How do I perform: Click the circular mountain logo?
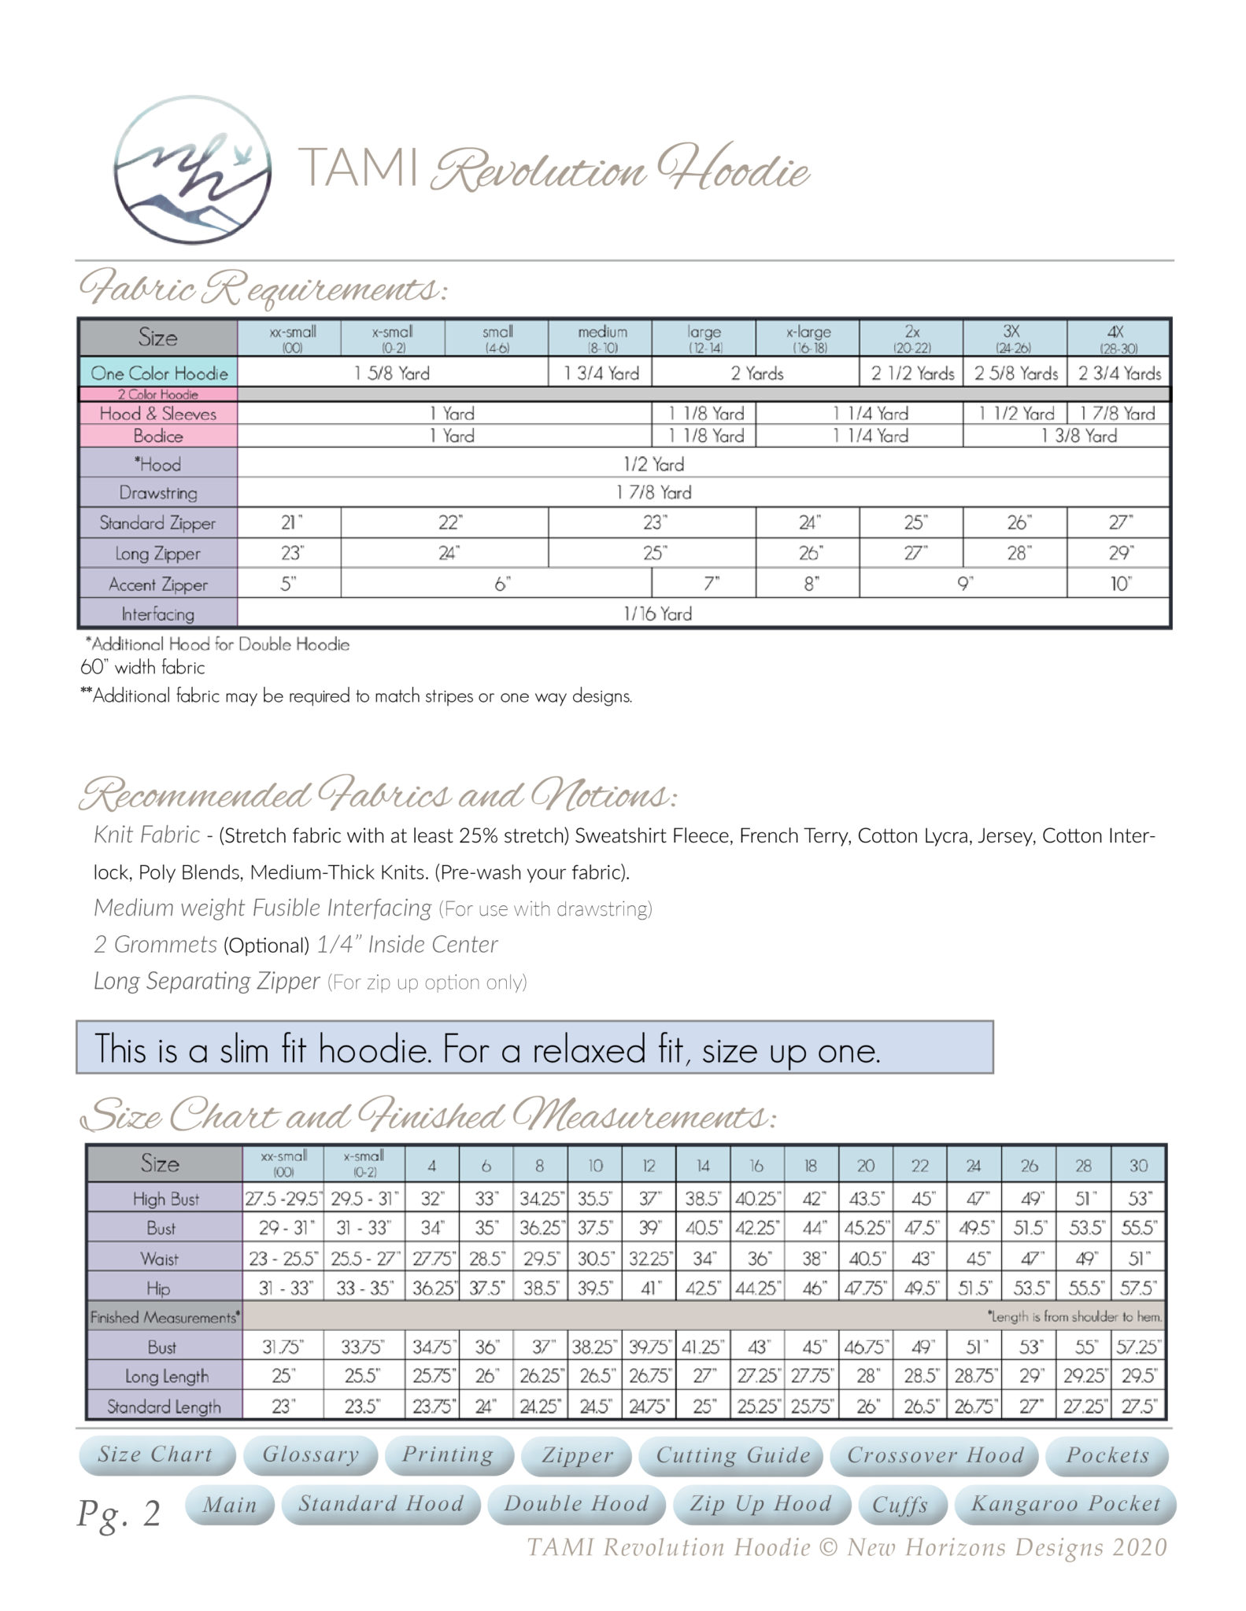click(x=193, y=171)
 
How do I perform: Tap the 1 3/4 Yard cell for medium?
click(x=601, y=373)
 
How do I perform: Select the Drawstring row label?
click(x=158, y=492)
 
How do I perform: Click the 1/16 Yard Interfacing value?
click(x=657, y=614)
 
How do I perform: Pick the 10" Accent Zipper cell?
click(x=1119, y=584)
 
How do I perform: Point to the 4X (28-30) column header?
click(x=1118, y=338)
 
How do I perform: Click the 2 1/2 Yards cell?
click(x=911, y=373)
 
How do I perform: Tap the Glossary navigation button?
click(x=311, y=1454)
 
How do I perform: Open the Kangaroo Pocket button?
click(x=1065, y=1504)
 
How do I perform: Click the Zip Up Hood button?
click(x=760, y=1504)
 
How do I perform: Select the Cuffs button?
click(x=900, y=1505)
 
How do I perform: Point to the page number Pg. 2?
click(x=119, y=1513)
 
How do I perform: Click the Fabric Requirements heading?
click(x=263, y=289)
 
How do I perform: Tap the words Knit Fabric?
click(x=146, y=835)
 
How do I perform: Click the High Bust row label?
click(x=165, y=1199)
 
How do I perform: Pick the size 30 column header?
click(x=1138, y=1165)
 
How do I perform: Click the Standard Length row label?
click(x=164, y=1406)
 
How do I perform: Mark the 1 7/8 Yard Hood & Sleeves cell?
click(x=1118, y=413)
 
